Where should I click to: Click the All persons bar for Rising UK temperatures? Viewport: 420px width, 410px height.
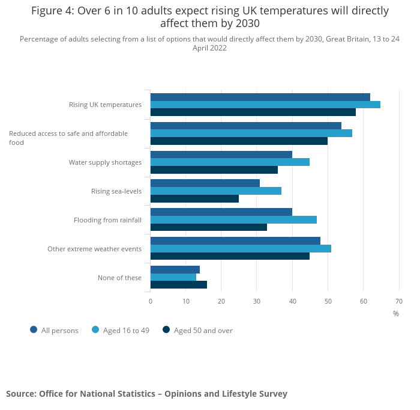point(260,97)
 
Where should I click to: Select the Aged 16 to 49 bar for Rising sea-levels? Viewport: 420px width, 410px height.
point(215,191)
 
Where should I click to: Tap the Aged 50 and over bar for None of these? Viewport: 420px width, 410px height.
point(178,284)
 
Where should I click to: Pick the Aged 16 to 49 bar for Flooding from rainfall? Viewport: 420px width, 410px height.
point(233,219)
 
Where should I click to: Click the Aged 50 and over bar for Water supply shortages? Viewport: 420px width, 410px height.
point(214,170)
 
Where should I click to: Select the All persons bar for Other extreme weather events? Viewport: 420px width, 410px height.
point(235,240)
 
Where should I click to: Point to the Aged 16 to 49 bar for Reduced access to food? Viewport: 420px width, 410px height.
point(251,133)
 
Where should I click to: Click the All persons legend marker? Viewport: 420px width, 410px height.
point(34,329)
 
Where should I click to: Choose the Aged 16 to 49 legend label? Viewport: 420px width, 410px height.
point(126,330)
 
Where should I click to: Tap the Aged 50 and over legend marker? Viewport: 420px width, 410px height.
point(166,329)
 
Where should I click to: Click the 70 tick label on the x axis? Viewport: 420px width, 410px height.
point(398,301)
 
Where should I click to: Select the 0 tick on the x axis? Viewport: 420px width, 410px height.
point(151,301)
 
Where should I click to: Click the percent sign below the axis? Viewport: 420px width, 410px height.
point(396,313)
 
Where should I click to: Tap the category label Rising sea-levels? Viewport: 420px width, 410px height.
point(116,191)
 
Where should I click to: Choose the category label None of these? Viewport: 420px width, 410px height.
point(119,278)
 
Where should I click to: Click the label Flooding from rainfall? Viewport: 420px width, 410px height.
point(107,220)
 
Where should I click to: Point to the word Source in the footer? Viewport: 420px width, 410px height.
point(21,394)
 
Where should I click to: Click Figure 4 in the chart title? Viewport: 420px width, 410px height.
point(52,11)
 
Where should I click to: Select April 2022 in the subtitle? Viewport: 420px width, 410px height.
point(209,48)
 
